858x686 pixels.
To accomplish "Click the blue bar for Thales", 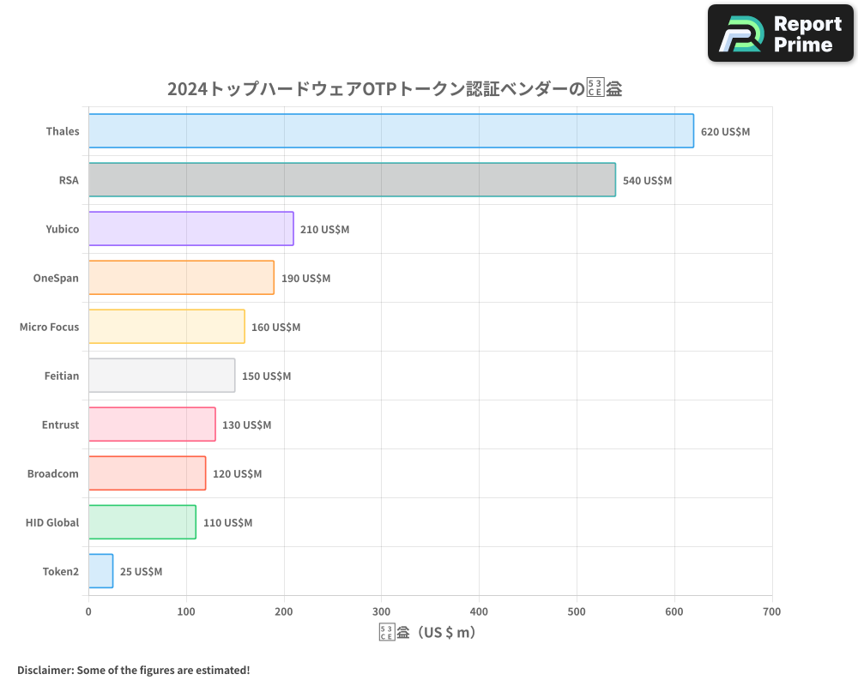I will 390,131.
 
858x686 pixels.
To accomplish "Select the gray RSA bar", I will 352,180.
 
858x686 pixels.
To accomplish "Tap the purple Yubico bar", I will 190,229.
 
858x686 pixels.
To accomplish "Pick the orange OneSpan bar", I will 181,278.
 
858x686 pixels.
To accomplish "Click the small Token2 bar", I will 100,571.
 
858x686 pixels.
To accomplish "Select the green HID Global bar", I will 142,522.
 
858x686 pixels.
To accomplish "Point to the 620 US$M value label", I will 725,132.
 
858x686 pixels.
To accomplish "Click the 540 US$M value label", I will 647,181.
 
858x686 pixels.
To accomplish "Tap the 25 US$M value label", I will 141,572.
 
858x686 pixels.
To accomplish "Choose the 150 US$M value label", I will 266,376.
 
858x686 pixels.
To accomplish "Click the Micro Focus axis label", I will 49,327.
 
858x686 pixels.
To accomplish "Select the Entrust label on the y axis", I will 60,424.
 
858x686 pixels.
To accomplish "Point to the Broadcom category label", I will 53,473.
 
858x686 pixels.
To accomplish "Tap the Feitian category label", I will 62,376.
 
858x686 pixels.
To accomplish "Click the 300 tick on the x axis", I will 382,611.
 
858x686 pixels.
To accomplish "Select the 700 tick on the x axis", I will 772,611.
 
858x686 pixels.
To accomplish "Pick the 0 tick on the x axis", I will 88,611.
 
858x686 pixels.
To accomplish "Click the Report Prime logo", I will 781,33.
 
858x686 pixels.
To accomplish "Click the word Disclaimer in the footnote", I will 44,670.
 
